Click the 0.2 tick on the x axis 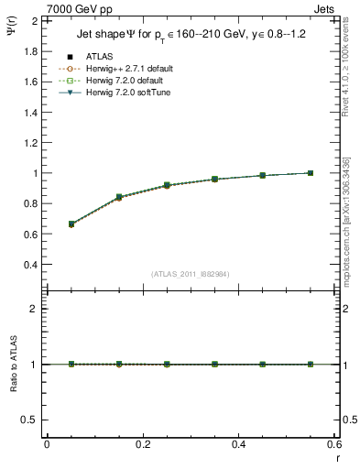[x=143, y=444]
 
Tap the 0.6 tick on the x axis [x=334, y=444]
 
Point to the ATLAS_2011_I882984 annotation [x=191, y=274]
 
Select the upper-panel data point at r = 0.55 [x=311, y=173]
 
